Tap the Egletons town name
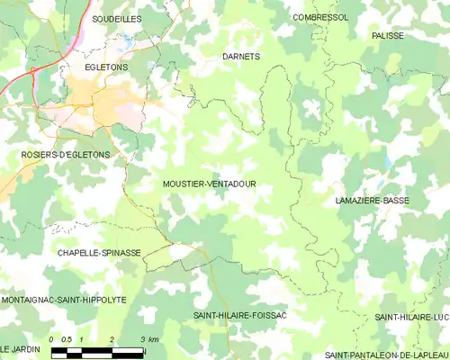click(107, 67)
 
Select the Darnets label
click(240, 56)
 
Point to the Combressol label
click(320, 17)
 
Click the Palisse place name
click(387, 35)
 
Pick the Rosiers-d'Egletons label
click(66, 155)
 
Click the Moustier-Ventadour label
click(209, 184)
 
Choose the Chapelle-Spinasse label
click(99, 253)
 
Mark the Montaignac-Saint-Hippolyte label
click(63, 299)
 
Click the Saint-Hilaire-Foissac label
click(239, 316)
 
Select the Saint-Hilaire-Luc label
click(411, 317)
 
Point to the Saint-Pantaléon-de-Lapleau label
click(388, 354)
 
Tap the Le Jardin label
click(21, 348)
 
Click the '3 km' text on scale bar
click(149, 338)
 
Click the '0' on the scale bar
click(52, 338)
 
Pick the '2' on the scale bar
click(112, 338)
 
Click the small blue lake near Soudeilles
click(129, 41)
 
